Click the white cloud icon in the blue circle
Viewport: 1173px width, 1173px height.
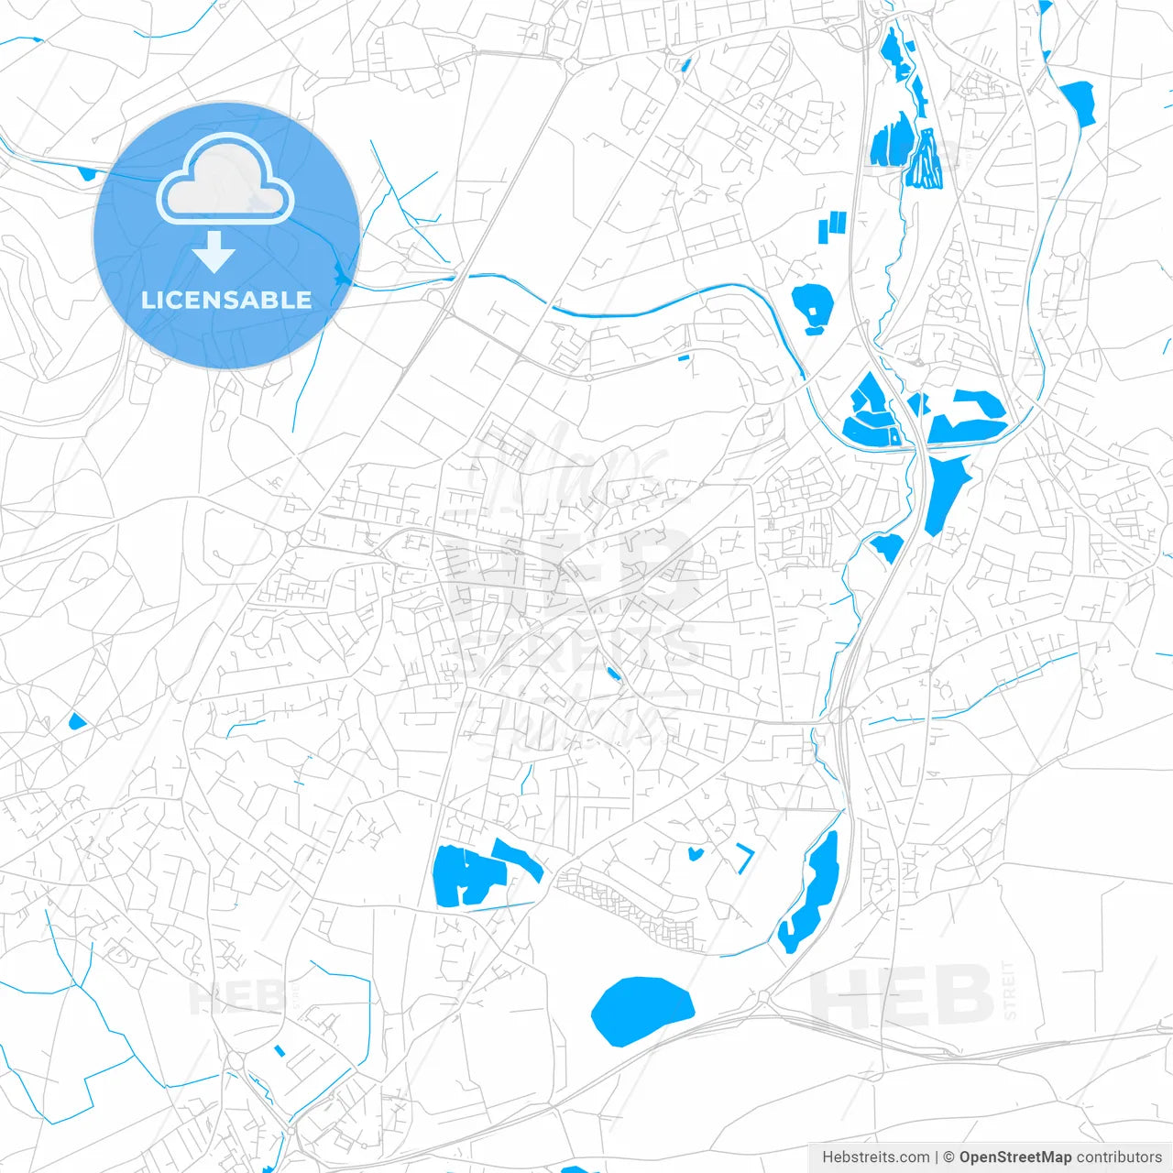click(225, 180)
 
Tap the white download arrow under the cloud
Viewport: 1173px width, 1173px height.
click(214, 252)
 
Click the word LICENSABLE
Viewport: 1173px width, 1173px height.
click(226, 301)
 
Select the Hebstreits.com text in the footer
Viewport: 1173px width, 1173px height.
click(875, 1157)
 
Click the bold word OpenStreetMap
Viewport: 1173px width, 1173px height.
click(1014, 1157)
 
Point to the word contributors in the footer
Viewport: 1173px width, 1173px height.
click(1119, 1157)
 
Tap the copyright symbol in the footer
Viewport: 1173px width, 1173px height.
click(948, 1157)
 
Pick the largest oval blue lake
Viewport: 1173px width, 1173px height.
click(641, 1010)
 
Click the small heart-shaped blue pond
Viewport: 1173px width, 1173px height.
click(695, 854)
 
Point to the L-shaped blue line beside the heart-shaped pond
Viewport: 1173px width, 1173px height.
click(746, 858)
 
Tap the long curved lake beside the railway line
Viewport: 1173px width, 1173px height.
click(810, 893)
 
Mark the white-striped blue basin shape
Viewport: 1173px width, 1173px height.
click(926, 160)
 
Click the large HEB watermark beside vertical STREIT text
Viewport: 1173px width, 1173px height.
click(902, 995)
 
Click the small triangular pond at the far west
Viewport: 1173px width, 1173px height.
click(76, 721)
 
